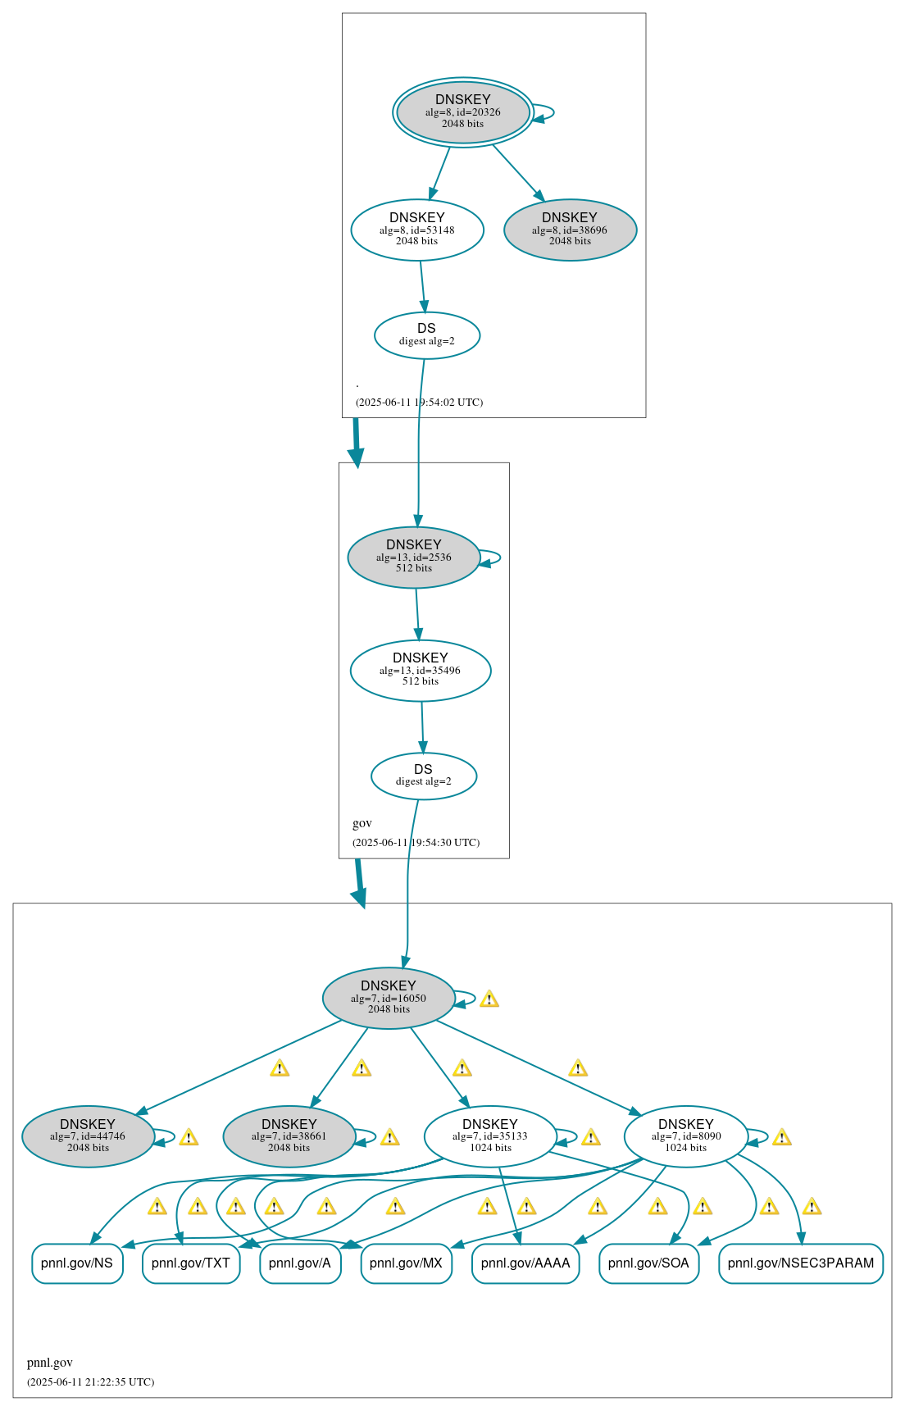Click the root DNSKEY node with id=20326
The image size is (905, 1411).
pos(463,112)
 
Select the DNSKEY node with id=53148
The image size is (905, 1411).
pos(417,230)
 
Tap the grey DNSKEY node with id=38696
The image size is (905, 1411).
pos(570,230)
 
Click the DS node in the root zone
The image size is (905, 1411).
pos(426,335)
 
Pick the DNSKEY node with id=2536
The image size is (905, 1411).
pos(414,557)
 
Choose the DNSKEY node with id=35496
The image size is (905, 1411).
pos(421,670)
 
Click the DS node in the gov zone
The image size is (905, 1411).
pos(423,776)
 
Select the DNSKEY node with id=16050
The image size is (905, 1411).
pos(389,998)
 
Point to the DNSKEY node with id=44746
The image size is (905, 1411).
pos(88,1136)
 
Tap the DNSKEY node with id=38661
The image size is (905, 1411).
pos(289,1136)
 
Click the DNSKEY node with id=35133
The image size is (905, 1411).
pos(490,1136)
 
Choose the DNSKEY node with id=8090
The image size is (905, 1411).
pos(686,1136)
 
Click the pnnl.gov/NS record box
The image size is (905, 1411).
pos(77,1263)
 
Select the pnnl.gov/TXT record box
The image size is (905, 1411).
pos(191,1263)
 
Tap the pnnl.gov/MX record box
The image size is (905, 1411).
pos(406,1263)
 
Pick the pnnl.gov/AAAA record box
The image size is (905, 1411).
pos(525,1263)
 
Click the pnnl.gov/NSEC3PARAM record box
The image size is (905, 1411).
pos(801,1263)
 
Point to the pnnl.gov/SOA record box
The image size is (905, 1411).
pos(648,1263)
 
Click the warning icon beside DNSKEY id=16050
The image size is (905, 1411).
pos(489,999)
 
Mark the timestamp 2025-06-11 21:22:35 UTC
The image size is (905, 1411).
pos(90,1381)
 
